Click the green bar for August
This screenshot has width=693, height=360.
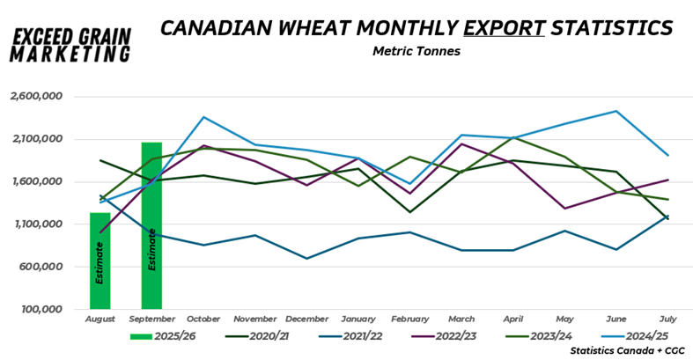click(x=100, y=261)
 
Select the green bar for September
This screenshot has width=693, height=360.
click(x=151, y=225)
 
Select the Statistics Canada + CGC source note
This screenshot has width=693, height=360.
click(x=627, y=350)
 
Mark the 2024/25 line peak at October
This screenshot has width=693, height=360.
click(x=203, y=117)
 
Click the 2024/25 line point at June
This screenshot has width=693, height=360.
click(x=616, y=111)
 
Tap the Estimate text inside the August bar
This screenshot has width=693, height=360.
click(x=100, y=264)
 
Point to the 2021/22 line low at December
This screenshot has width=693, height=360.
click(x=306, y=259)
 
